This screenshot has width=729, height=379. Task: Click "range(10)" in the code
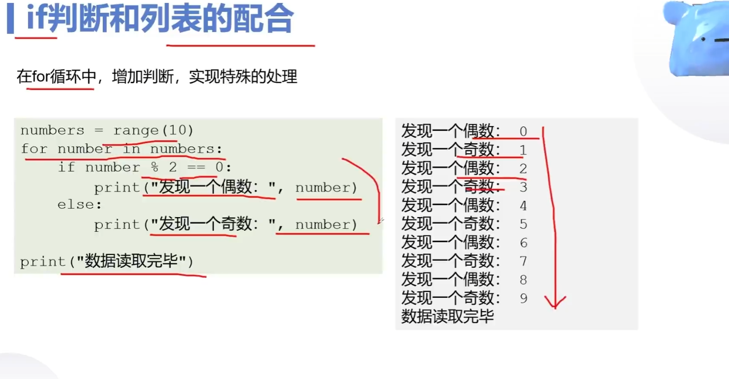(153, 130)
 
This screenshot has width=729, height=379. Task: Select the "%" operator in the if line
(154, 167)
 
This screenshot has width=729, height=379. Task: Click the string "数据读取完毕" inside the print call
(131, 261)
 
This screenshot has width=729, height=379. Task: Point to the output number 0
(523, 131)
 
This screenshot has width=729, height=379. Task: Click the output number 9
(523, 298)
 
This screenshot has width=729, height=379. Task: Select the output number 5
(523, 224)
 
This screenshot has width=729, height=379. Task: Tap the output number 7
(523, 261)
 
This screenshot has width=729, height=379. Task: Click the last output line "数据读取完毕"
(447, 316)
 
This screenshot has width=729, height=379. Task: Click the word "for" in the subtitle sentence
(41, 77)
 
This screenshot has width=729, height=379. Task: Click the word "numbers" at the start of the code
(52, 130)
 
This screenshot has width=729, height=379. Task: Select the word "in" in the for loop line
(131, 149)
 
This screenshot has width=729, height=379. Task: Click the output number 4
(523, 206)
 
